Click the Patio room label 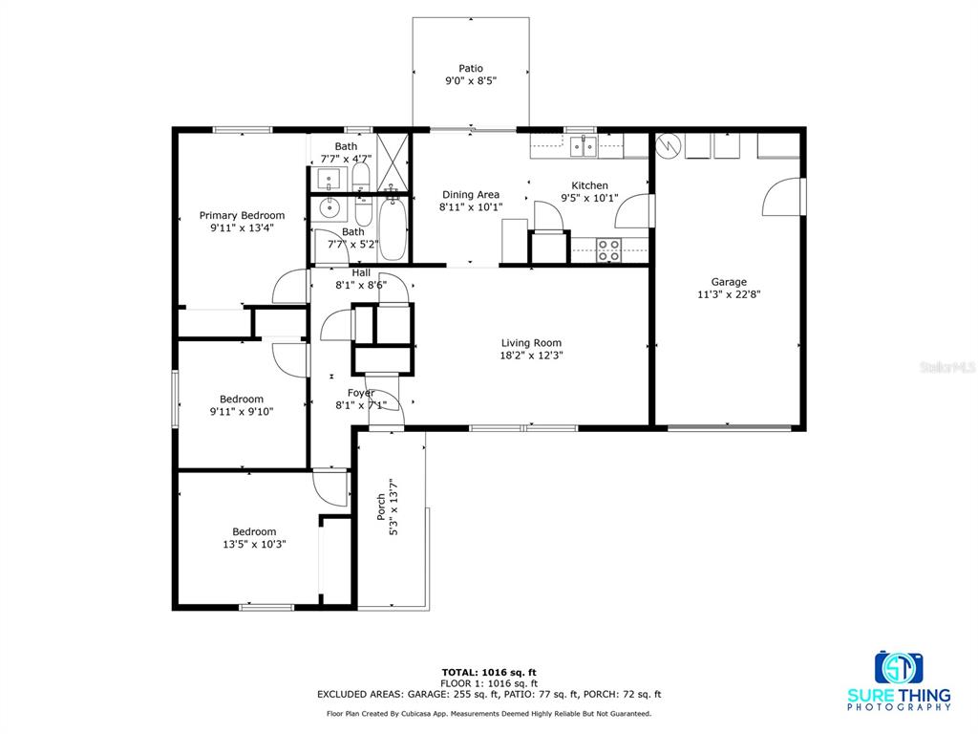pos(471,69)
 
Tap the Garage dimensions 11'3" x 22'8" pos(729,294)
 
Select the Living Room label pos(531,343)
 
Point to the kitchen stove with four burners pos(608,250)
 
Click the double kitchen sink pos(584,146)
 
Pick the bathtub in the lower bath pos(393,229)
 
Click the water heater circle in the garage pos(668,145)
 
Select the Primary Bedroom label pos(242,215)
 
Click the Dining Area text pos(471,195)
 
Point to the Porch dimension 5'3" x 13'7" pos(393,507)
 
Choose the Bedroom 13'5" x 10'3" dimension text pos(254,544)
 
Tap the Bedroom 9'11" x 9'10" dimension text pos(242,411)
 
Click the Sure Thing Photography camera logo pos(899,668)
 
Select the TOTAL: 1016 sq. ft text pos(489,672)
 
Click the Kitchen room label pos(589,185)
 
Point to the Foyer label pos(361,393)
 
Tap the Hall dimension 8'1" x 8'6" pos(361,285)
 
